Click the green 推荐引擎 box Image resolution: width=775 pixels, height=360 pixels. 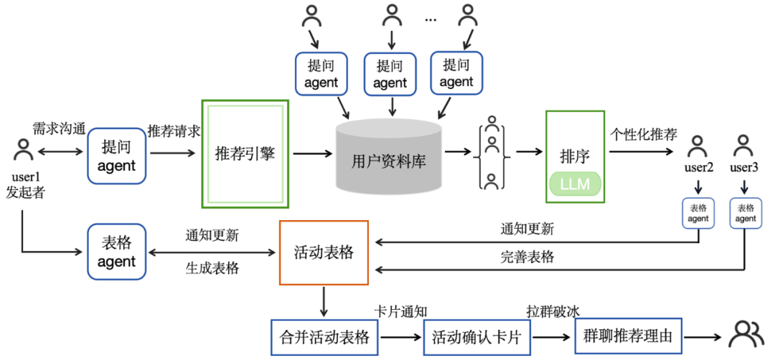click(245, 153)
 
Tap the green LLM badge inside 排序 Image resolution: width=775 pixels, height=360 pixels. click(574, 184)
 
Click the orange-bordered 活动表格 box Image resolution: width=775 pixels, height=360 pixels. click(323, 252)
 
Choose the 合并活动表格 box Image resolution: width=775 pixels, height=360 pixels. click(324, 336)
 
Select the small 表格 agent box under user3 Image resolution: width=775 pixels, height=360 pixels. click(746, 213)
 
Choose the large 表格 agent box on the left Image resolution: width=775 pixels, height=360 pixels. click(116, 252)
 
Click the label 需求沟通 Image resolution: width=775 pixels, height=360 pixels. click(59, 129)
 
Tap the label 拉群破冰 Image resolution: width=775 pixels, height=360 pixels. click(553, 311)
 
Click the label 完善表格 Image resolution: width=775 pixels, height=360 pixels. click(527, 257)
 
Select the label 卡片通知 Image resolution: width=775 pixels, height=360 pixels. click(401, 311)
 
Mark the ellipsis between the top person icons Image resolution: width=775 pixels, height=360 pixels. click(430, 20)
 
